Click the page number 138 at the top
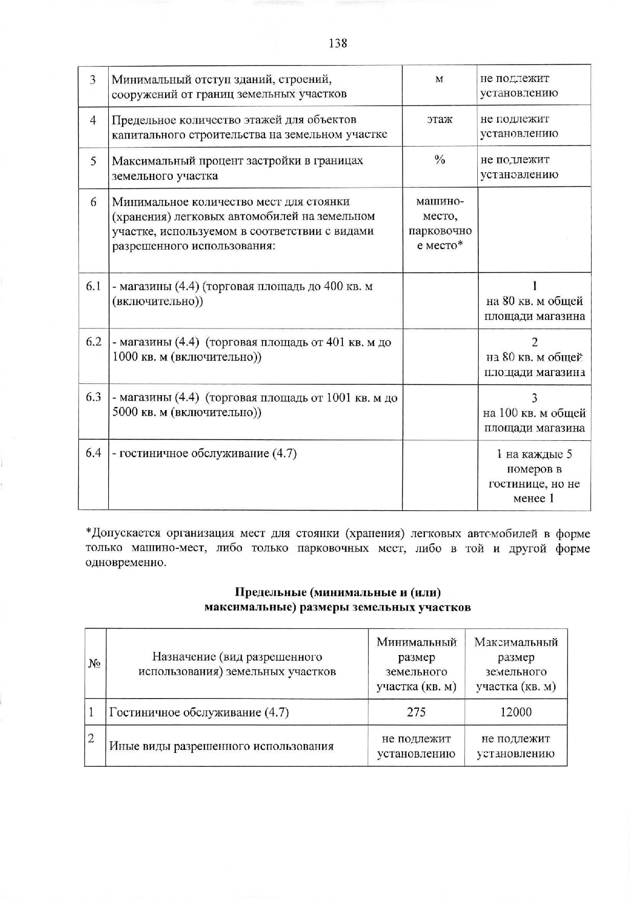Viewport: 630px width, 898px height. [x=338, y=44]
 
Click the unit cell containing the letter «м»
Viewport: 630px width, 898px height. [x=439, y=79]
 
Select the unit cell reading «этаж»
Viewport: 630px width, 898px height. [x=440, y=120]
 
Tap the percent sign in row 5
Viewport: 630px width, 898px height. [x=440, y=160]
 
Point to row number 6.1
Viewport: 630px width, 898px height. [x=93, y=286]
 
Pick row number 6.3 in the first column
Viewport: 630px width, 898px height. [x=93, y=397]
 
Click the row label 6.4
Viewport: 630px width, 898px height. [x=93, y=453]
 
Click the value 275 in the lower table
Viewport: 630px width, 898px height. [x=416, y=712]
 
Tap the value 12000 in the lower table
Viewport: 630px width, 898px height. [x=515, y=712]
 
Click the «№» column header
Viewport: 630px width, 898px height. [x=94, y=664]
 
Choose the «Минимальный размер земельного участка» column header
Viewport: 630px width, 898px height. [x=416, y=664]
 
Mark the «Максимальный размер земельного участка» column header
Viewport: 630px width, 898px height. [x=516, y=664]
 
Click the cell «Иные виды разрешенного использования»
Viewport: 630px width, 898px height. [x=221, y=746]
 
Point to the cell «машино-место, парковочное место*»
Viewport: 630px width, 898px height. [x=440, y=223]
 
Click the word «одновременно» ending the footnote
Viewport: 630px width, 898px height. [x=125, y=563]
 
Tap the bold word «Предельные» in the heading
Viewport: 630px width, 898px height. [x=270, y=593]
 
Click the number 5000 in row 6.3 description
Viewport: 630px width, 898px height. [x=125, y=412]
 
